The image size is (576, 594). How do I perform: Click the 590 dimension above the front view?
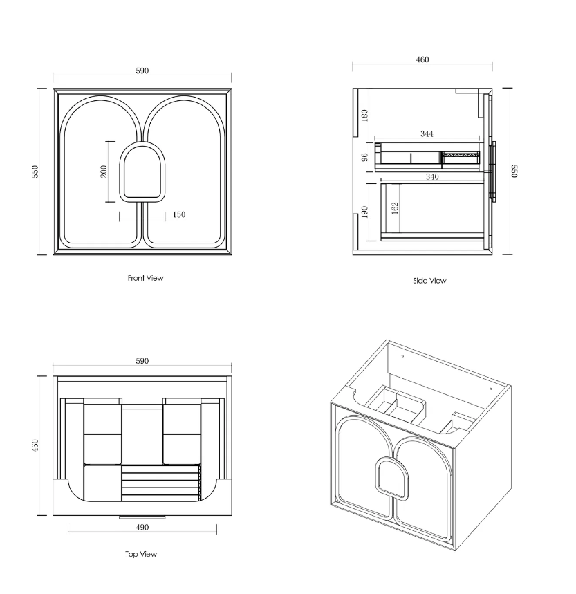click(x=142, y=71)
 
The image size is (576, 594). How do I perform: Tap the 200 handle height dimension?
click(x=104, y=172)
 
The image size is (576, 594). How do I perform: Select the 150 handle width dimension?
click(x=178, y=215)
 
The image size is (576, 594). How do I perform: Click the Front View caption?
click(x=145, y=278)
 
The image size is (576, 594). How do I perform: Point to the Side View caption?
click(x=429, y=281)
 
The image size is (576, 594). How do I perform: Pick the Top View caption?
click(x=141, y=554)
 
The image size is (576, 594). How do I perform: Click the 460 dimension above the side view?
click(x=422, y=59)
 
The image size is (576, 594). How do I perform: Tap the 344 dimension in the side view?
click(x=427, y=133)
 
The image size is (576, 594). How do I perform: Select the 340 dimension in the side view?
click(x=432, y=177)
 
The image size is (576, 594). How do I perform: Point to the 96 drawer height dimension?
click(x=366, y=156)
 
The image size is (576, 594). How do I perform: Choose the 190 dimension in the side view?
click(x=364, y=212)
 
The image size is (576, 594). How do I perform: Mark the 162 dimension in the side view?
click(x=395, y=209)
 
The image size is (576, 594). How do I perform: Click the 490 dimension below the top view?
click(x=142, y=528)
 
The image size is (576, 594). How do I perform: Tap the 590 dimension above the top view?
click(x=142, y=361)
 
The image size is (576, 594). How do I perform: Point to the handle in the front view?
click(x=143, y=174)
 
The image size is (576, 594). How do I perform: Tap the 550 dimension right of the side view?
click(x=514, y=171)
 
